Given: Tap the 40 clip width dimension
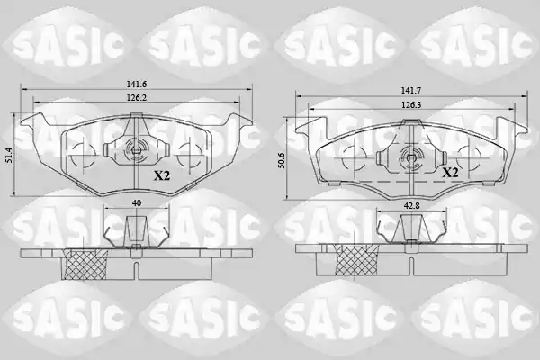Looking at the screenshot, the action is pyautogui.click(x=137, y=203).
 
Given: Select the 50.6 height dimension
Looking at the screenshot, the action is pyautogui.click(x=283, y=160).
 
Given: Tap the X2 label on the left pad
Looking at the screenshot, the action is pyautogui.click(x=162, y=176).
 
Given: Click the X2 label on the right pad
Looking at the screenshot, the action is pyautogui.click(x=450, y=172).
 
